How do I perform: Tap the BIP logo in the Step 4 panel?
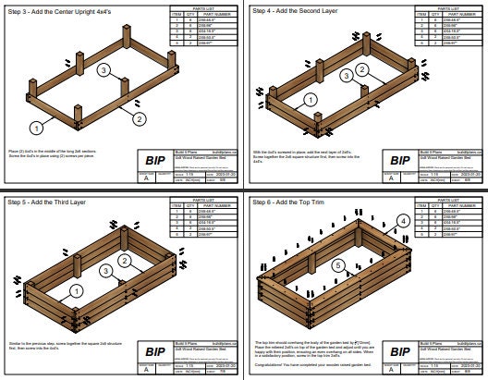(x=400, y=160)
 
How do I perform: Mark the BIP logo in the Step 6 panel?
(x=400, y=351)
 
